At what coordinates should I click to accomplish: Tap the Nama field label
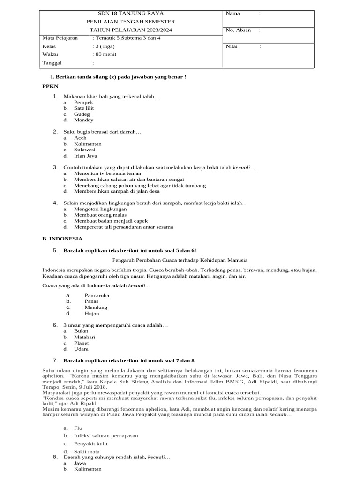233,13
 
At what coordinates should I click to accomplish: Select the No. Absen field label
238,30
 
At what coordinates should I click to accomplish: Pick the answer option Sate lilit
84,108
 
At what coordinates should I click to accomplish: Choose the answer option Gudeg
82,114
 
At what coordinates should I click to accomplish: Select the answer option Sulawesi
84,150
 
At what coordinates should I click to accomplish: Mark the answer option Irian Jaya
85,156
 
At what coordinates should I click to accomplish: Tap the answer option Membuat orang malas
100,215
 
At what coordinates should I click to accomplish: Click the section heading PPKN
50,87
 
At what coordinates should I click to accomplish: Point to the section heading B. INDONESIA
62,239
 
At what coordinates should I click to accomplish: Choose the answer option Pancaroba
97,296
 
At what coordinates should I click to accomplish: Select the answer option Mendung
96,307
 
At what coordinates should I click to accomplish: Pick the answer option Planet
82,343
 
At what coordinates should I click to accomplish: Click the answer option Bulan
81,331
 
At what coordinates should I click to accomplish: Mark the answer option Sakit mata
87,451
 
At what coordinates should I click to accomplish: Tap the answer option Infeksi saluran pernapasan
106,435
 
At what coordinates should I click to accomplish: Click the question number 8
55,457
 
